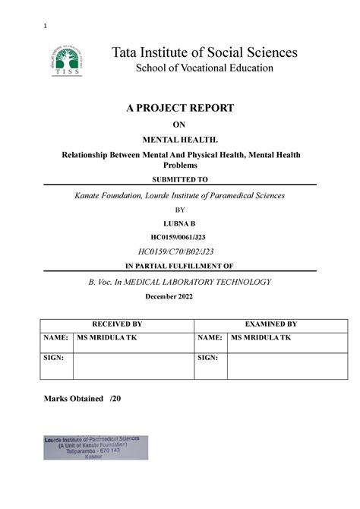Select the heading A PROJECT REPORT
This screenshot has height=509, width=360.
point(179,109)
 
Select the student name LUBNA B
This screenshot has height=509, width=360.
point(180,223)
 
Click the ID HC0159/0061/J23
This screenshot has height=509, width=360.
point(180,237)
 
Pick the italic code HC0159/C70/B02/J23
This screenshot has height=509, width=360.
point(180,251)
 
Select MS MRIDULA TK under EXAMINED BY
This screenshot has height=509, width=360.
point(262,337)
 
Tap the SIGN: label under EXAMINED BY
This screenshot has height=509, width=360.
point(208,357)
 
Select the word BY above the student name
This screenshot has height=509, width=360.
point(180,209)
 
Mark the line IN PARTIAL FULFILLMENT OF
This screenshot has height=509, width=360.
point(179,266)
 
